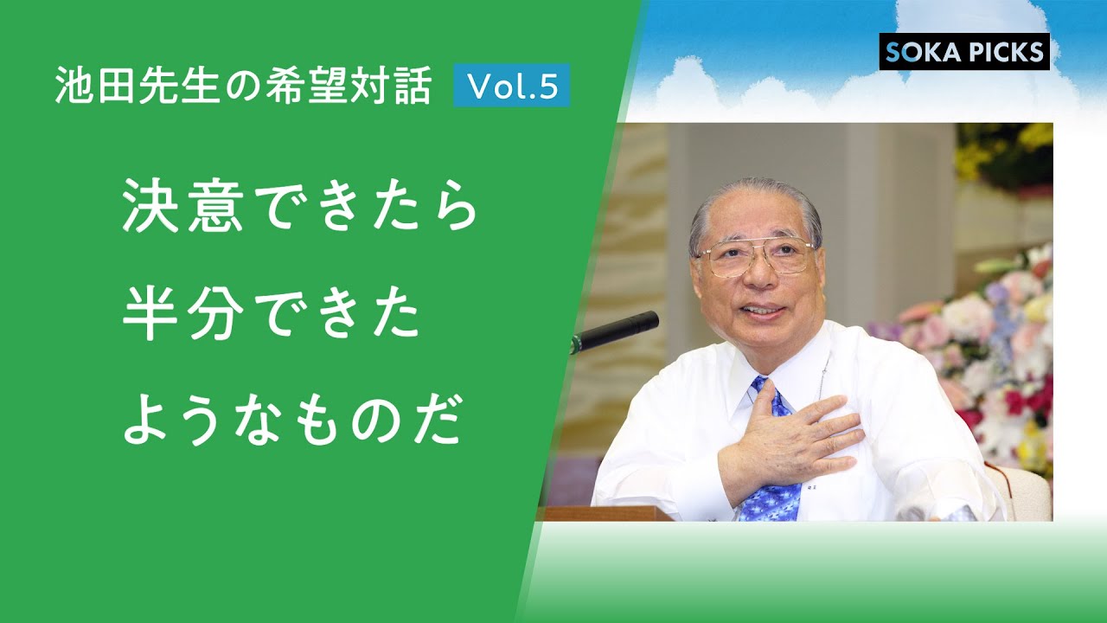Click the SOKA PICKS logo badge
[x=964, y=52]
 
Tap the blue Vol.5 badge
[x=511, y=86]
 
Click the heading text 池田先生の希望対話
[x=243, y=87]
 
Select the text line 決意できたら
[x=299, y=209]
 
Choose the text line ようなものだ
[x=291, y=421]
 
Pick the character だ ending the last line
[x=438, y=421]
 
